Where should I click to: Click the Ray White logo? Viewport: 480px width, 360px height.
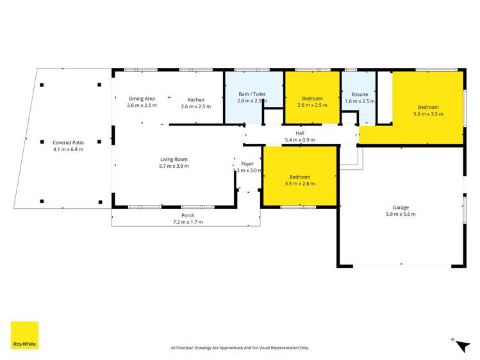click(24, 335)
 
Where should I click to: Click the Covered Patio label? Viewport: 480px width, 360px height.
click(68, 142)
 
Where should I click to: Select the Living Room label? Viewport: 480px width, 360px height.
click(174, 159)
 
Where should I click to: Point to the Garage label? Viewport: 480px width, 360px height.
click(401, 207)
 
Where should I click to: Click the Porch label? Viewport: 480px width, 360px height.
click(188, 215)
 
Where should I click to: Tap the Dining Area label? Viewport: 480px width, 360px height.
click(142, 99)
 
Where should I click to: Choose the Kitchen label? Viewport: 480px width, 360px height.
click(195, 99)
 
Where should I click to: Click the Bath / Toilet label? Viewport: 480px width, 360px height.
click(252, 94)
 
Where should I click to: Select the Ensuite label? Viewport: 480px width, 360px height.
click(359, 94)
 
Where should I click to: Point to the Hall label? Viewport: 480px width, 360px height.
click(300, 133)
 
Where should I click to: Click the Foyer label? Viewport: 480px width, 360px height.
click(247, 163)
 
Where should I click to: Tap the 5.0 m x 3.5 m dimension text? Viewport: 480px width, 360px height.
click(429, 114)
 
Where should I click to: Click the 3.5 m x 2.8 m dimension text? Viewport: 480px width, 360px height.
click(299, 184)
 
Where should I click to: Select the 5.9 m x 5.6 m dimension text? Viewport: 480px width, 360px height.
click(401, 214)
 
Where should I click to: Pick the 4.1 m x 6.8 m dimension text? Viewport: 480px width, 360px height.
click(68, 149)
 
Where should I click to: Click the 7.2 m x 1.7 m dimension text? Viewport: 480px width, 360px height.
click(188, 222)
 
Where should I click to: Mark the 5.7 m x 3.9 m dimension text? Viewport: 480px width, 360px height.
click(174, 166)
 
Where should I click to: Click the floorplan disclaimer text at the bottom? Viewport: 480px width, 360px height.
click(240, 348)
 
